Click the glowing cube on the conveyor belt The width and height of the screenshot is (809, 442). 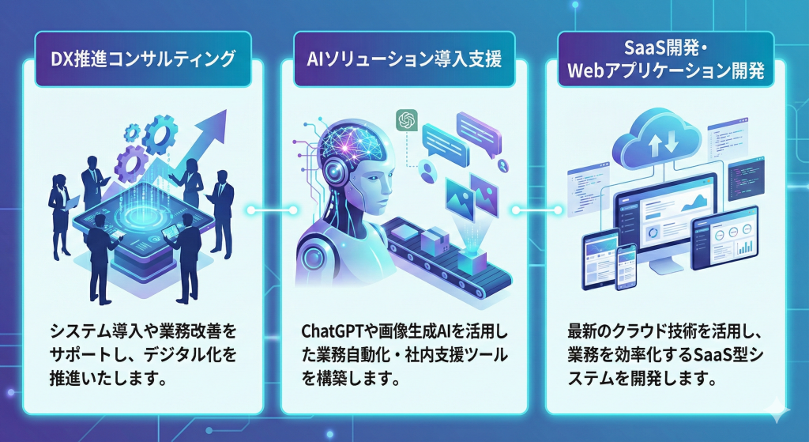tap(478, 260)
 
